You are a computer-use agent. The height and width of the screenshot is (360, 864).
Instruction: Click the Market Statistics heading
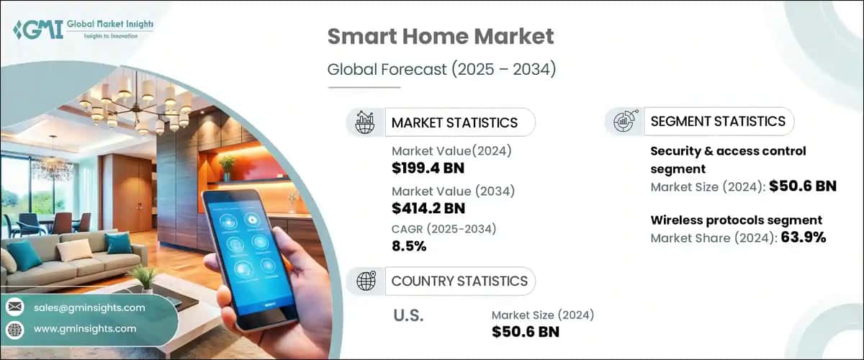(x=454, y=122)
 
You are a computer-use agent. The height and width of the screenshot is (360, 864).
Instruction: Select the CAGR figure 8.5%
(x=409, y=247)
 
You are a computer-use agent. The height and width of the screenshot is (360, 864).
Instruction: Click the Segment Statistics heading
(x=717, y=122)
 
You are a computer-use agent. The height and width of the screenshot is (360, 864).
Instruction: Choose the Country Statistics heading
(x=459, y=281)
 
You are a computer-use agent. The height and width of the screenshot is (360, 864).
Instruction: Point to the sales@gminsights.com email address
(x=89, y=307)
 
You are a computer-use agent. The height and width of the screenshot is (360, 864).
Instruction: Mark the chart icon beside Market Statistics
(x=365, y=122)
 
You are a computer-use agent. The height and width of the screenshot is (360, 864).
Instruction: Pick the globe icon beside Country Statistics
(x=365, y=281)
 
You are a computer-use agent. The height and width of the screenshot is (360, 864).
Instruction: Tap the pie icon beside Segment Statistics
(x=624, y=122)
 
